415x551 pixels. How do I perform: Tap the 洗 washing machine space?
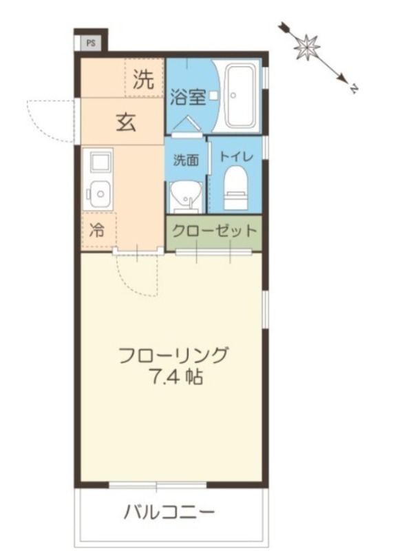[143, 80]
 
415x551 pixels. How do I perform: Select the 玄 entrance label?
[125, 122]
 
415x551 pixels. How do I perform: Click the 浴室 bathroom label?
[188, 97]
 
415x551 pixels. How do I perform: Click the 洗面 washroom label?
[186, 160]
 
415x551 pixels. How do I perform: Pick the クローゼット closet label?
[214, 231]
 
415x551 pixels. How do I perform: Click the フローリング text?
[173, 356]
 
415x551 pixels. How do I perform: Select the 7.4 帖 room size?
[173, 377]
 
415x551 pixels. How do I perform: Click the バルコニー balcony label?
[169, 512]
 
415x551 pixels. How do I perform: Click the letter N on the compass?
[352, 88]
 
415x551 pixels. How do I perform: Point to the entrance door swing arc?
[48, 121]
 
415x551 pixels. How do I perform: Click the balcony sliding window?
[158, 485]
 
